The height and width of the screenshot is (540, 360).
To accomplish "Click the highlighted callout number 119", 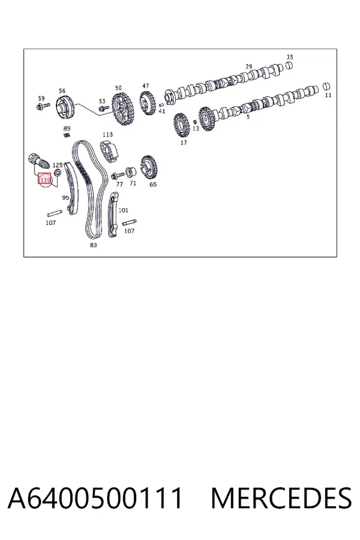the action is point(45,179).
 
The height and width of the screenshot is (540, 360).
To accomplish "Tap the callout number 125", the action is point(58,166).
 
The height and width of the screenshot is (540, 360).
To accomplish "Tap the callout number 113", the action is point(107,134).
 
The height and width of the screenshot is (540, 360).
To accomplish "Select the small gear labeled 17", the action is point(182,125).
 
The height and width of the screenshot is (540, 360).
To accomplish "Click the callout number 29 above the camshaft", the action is point(249,67).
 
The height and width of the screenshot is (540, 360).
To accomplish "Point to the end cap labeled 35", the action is point(290,65).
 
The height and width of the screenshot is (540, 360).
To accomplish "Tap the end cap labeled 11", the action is point(327,86).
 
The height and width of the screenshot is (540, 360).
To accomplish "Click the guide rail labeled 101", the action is point(113,215).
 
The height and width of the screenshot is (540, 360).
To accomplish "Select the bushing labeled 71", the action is point(131,171).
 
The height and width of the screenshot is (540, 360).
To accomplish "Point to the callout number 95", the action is point(65,197).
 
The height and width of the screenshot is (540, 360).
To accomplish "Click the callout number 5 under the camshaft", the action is point(248,117).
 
